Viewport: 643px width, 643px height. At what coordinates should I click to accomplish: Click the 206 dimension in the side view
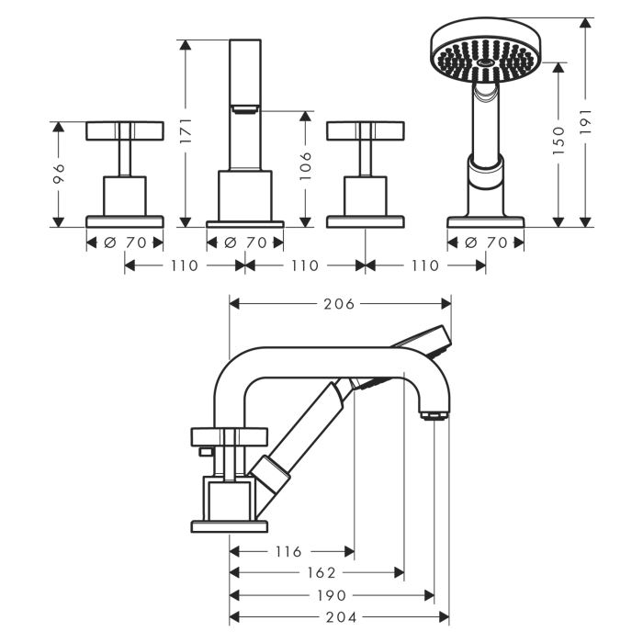339,303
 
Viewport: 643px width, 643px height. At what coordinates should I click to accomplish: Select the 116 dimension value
288,551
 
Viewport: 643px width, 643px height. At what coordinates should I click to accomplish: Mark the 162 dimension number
314,572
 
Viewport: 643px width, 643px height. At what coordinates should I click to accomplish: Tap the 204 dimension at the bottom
339,616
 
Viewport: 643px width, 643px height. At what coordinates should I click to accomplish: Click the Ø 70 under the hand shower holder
486,243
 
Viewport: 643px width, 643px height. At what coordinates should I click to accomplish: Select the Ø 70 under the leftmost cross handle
124,243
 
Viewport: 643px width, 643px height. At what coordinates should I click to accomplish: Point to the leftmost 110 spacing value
184,265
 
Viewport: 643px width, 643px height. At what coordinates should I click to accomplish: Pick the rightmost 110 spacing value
424,265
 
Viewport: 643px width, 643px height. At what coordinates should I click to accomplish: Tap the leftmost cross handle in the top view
124,131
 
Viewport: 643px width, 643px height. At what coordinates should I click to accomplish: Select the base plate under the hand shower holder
486,221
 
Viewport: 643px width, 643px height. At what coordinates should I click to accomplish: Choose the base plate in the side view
229,525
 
